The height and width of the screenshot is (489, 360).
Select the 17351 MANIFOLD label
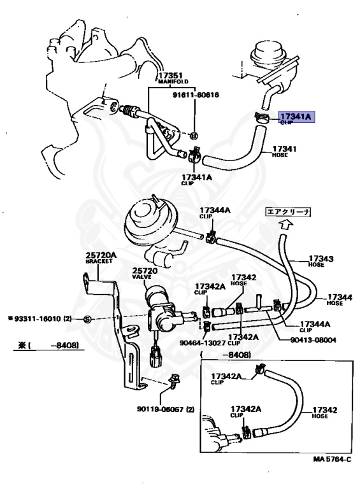(x=171, y=80)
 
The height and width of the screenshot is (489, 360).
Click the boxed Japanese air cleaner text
(x=288, y=212)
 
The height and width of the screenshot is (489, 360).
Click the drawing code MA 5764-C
(x=332, y=459)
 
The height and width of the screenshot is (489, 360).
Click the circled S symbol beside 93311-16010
(x=88, y=318)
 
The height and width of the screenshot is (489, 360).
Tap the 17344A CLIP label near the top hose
(x=216, y=212)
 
